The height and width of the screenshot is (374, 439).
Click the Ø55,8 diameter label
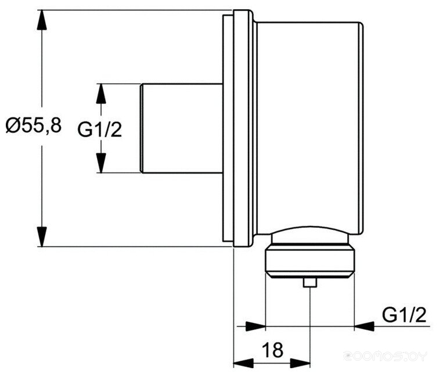(x=33, y=125)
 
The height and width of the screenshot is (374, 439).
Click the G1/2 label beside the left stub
(x=100, y=130)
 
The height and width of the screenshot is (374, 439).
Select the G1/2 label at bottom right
(x=404, y=315)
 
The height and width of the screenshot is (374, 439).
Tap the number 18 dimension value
(x=272, y=350)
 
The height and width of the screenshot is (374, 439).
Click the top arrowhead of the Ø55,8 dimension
(x=42, y=20)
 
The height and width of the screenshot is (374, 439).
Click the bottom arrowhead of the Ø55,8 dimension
(x=42, y=237)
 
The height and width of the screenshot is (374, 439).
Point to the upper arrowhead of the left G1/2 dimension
(x=101, y=93)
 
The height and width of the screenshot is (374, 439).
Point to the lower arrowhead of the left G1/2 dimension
(x=101, y=163)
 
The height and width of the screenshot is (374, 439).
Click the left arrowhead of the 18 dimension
(x=243, y=363)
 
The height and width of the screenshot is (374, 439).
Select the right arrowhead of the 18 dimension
(x=300, y=363)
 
